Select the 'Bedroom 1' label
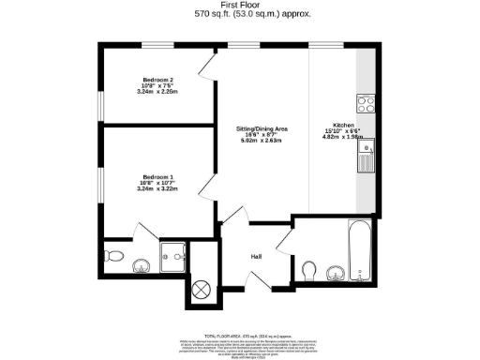158,175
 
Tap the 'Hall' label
255,256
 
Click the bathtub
361,248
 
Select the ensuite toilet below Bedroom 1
112,255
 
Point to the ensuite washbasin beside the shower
142,264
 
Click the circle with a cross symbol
199,290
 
